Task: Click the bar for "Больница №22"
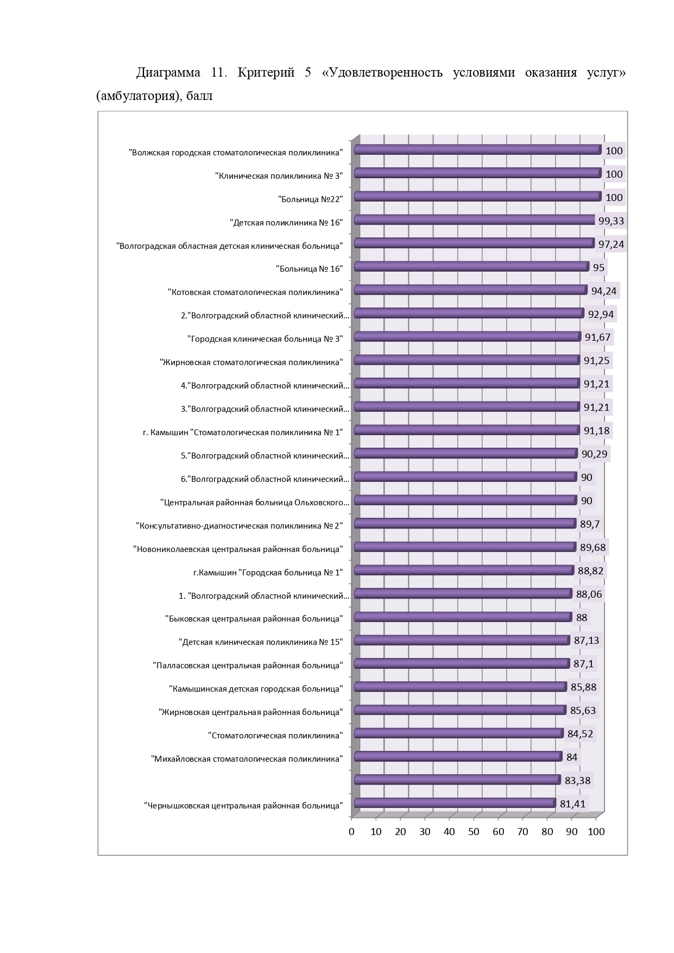pos(477,197)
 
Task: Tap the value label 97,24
pos(611,244)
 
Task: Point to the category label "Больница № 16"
pos(309,269)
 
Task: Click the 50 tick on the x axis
pos(474,832)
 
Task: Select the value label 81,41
pos(572,804)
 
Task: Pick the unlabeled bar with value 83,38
pos(457,780)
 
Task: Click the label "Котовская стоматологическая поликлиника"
pos(255,292)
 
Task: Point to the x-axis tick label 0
pos(351,832)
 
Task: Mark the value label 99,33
pos(611,221)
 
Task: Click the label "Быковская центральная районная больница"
pos(254,619)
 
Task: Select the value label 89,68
pos(593,547)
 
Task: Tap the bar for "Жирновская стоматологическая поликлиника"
pos(467,360)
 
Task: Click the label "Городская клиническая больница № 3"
pos(266,339)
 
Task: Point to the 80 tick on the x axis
pos(547,832)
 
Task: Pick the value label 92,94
pos(602,315)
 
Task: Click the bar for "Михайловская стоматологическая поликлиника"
pos(458,757)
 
